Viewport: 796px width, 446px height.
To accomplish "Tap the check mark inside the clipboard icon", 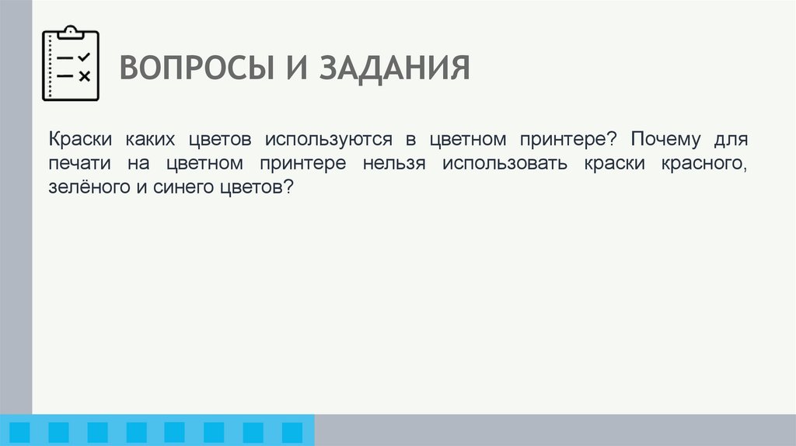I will click(85, 57).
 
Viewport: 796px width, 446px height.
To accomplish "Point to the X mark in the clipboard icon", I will click(85, 75).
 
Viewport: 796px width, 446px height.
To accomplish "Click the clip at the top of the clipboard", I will click(71, 32).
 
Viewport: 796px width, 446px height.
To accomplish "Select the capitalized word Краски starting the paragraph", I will click(82, 140).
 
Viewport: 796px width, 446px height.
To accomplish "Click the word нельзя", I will click(397, 164).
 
